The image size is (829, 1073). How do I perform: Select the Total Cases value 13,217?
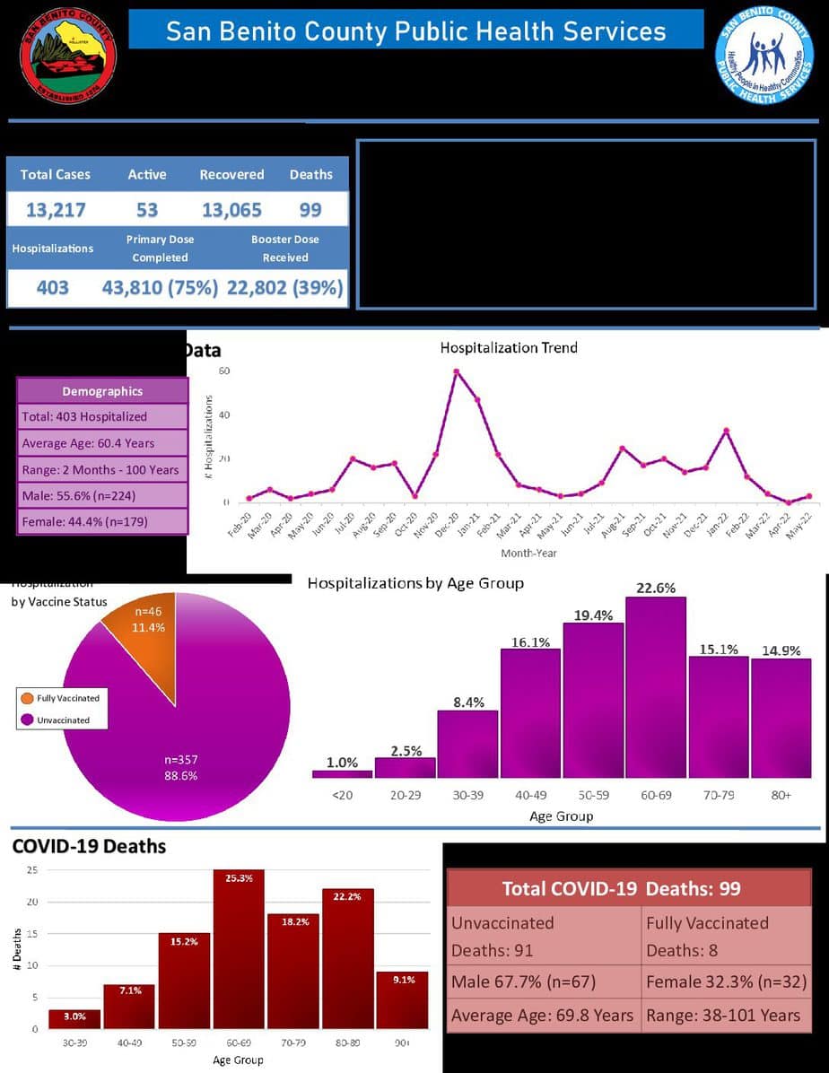click(x=56, y=210)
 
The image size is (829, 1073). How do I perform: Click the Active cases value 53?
click(x=147, y=210)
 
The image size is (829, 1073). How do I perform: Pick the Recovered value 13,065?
click(x=231, y=210)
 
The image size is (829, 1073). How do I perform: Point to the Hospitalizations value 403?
click(x=52, y=288)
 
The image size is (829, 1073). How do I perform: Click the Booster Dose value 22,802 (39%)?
click(x=284, y=288)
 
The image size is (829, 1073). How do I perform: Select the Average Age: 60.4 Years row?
click(x=102, y=442)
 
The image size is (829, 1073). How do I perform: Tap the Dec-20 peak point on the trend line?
click(x=457, y=371)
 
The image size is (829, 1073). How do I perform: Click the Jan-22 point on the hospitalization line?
click(x=726, y=432)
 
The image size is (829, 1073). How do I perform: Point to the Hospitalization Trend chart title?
click(x=509, y=347)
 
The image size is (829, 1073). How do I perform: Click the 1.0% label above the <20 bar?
click(x=342, y=763)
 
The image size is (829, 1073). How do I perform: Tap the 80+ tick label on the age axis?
click(x=781, y=795)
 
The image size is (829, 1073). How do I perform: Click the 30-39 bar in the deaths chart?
click(x=74, y=1019)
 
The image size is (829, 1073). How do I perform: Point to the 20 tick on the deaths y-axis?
click(x=31, y=902)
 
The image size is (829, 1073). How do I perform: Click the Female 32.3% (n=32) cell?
click(x=725, y=982)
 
